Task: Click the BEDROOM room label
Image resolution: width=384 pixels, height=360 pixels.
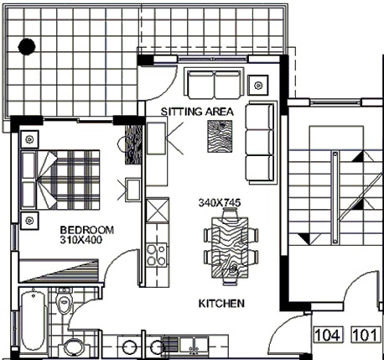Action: tap(87, 230)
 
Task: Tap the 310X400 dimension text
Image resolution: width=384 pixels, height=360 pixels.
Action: tap(81, 240)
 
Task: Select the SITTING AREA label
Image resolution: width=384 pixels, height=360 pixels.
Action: tap(197, 112)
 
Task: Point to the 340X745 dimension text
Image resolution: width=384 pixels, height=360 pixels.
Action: tap(220, 203)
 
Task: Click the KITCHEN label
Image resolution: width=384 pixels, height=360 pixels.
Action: tap(221, 304)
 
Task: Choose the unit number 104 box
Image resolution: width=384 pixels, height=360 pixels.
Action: tap(328, 335)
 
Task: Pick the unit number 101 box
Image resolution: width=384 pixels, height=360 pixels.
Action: tap(366, 335)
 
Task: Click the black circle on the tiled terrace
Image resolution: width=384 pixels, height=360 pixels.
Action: tap(27, 46)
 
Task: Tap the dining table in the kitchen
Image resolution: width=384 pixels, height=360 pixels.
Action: tap(230, 248)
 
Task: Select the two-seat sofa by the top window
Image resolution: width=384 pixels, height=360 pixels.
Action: tap(214, 83)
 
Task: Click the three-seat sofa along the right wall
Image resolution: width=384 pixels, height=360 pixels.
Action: tap(261, 143)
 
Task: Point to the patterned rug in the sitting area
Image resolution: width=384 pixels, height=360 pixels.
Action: tap(220, 137)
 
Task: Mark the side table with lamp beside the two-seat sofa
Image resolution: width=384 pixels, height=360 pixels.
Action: tap(258, 85)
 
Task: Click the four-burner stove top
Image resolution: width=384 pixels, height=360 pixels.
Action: tap(156, 255)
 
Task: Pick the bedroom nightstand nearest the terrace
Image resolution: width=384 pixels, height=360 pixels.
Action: tap(29, 139)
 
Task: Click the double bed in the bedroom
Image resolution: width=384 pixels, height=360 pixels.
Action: tap(60, 180)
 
